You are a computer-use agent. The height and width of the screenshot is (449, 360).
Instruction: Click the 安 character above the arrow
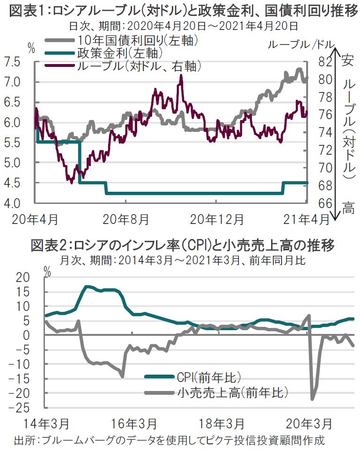coord(347,60)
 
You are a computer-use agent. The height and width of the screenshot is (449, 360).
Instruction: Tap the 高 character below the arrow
coord(347,207)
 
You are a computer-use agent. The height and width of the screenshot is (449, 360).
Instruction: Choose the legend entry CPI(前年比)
coord(197,377)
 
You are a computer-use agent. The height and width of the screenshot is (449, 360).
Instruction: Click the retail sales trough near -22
coord(312,398)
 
